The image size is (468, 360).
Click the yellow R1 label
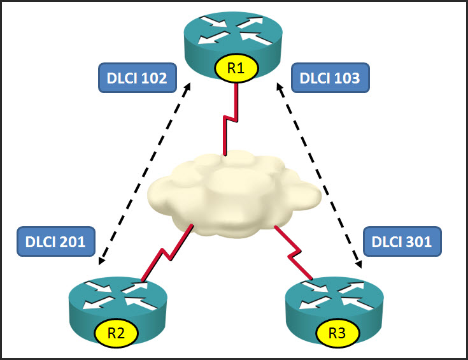pos(236,69)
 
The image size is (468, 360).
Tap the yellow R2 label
pos(117,332)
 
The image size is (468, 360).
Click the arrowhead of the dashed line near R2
pos(102,261)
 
